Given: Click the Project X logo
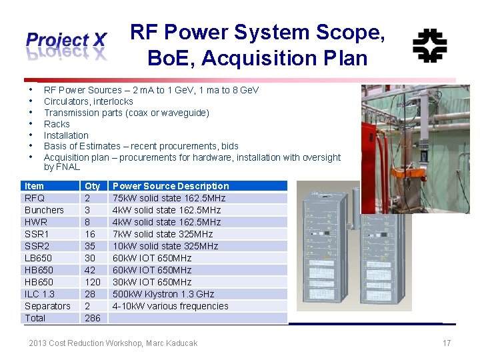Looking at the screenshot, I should [x=66, y=45].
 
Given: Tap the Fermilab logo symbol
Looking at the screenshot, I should [x=429, y=45].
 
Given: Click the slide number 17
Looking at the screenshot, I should [x=447, y=343].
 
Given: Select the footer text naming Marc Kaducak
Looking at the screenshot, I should [x=113, y=343].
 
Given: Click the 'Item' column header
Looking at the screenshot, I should [x=34, y=186].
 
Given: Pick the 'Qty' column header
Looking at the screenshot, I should [x=93, y=186].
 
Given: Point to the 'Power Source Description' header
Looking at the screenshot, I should [x=171, y=186].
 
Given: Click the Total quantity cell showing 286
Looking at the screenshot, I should [x=93, y=318].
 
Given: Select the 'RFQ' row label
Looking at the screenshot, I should [x=35, y=198].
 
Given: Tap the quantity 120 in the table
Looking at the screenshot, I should [x=93, y=282].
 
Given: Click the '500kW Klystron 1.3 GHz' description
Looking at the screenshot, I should [x=163, y=294].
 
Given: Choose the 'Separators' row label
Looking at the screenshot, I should [x=47, y=306].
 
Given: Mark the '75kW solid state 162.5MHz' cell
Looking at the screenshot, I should [x=169, y=198].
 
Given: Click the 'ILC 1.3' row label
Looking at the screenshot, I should [x=39, y=294].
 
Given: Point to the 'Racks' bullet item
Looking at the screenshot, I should [x=57, y=124].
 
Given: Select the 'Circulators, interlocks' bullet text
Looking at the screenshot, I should [x=89, y=101].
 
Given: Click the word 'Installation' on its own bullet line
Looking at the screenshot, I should [x=66, y=135].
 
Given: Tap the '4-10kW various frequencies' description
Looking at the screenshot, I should [x=171, y=306].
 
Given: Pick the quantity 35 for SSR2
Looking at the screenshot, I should [x=90, y=246].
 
